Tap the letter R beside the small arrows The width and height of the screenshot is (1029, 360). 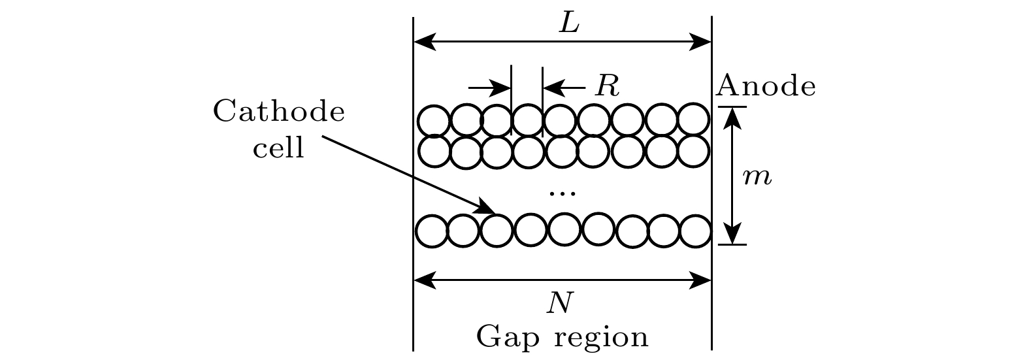point(606,86)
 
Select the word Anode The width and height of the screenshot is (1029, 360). point(766,86)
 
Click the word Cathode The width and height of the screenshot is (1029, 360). point(279,112)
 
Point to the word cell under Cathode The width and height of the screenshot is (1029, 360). point(279,148)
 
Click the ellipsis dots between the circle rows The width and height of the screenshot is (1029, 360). point(562,193)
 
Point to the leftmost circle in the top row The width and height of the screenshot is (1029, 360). point(433,121)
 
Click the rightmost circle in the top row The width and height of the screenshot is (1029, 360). point(693,120)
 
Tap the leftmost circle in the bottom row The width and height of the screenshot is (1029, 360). point(432,231)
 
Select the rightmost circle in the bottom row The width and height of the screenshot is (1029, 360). point(695,231)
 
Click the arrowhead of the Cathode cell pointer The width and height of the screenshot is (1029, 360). point(487,208)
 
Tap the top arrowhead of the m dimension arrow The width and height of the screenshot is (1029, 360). point(732,116)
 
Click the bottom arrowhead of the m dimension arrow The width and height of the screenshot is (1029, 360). point(732,235)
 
